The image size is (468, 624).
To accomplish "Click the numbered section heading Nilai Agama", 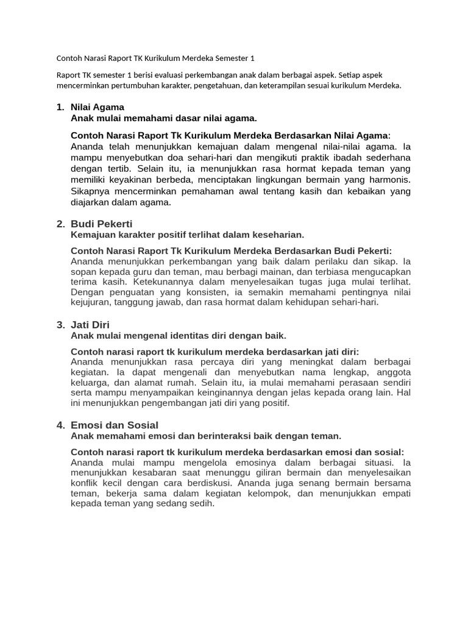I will pyautogui.click(x=97, y=107).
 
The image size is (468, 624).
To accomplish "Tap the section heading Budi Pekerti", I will pyautogui.click(x=101, y=224).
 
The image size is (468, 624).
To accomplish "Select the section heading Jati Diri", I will pyautogui.click(x=90, y=325).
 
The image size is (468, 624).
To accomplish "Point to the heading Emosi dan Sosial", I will pyautogui.click(x=115, y=425).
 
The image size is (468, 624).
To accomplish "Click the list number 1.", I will pyautogui.click(x=60, y=107).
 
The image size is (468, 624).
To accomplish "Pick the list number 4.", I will pyautogui.click(x=60, y=425).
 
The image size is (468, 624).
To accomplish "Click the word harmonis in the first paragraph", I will pyautogui.click(x=389, y=180).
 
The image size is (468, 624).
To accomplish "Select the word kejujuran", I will pyautogui.click(x=90, y=302).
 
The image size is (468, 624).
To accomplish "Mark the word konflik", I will pyautogui.click(x=85, y=483).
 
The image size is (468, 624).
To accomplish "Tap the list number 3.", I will pyautogui.click(x=60, y=325).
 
